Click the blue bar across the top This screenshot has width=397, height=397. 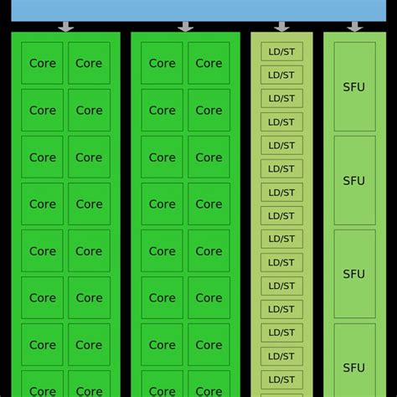198,10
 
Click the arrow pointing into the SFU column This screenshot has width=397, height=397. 355,27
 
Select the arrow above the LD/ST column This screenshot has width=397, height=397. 281,27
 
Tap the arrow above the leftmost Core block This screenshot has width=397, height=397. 65,27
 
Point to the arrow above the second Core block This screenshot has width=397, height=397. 185,27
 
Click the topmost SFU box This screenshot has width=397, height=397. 354,86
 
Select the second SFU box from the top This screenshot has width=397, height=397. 354,180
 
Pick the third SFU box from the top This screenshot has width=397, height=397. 354,274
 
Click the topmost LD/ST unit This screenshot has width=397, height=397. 281,52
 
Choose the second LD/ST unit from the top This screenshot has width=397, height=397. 281,75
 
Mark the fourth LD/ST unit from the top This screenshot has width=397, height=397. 281,122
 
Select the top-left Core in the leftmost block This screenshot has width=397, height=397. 43,64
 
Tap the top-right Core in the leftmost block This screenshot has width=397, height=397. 89,64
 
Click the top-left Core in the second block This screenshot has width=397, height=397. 162,64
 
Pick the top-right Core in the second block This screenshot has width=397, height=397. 209,64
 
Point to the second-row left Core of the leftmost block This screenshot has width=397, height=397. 43,111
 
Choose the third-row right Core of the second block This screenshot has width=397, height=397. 209,157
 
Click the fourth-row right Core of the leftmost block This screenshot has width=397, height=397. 89,204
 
